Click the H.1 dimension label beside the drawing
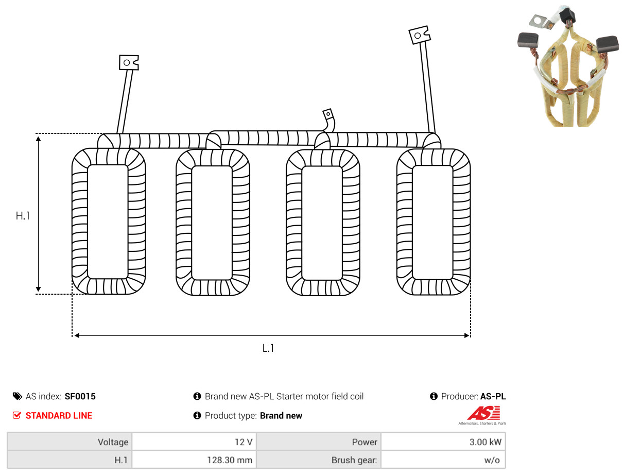coord(23,216)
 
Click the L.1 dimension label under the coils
coord(268,348)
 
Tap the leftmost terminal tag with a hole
coord(129,62)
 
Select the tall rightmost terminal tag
coord(419,35)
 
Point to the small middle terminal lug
coord(328,114)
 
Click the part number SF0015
coord(80,396)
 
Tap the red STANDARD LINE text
coord(59,416)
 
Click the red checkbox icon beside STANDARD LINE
coord(17,415)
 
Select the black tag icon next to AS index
coord(18,396)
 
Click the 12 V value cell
coord(194,442)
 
